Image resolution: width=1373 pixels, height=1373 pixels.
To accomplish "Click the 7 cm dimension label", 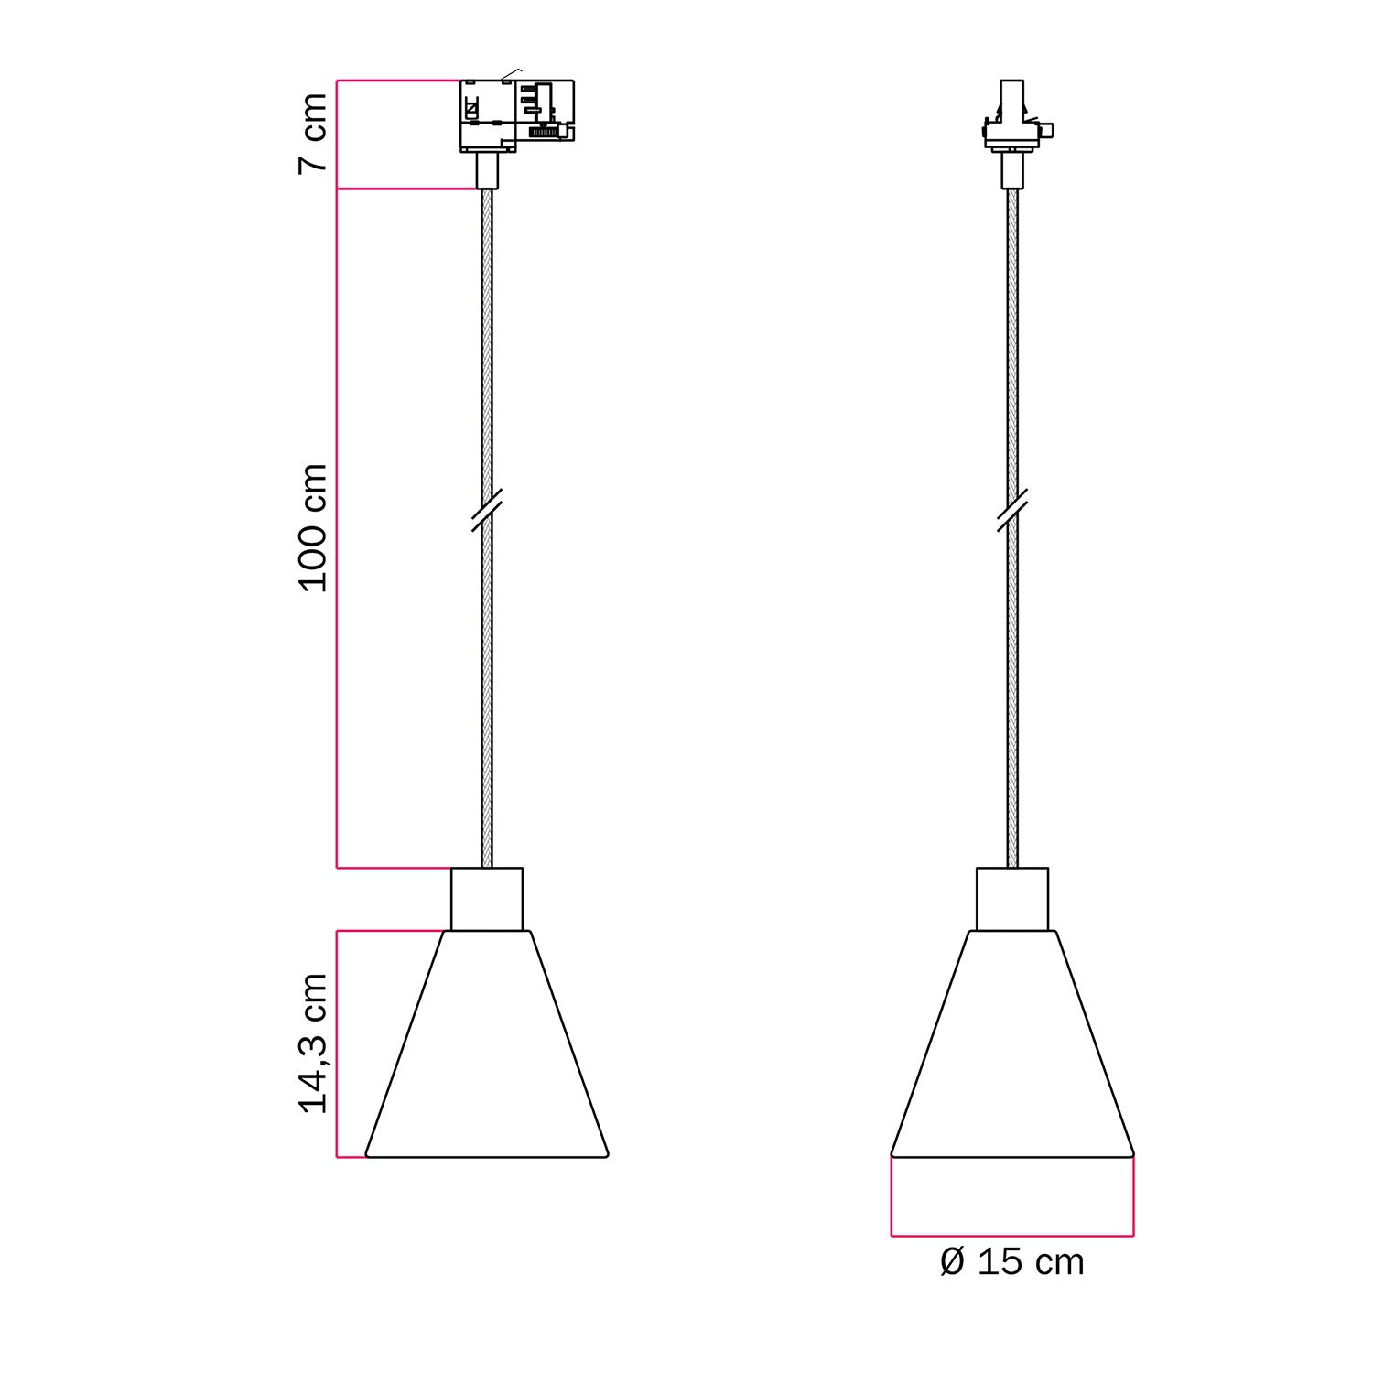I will [x=313, y=133].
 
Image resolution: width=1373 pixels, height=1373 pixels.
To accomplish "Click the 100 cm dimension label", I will [x=313, y=527].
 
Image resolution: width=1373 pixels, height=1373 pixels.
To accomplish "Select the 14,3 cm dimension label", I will [x=313, y=1043].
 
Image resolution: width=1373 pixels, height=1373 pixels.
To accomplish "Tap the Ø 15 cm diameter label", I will [x=1011, y=1262].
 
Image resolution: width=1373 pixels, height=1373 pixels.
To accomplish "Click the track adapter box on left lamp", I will [x=515, y=114].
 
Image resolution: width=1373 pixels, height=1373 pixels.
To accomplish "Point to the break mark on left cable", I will [x=487, y=510].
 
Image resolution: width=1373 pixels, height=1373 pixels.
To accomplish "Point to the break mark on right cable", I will [x=1012, y=510].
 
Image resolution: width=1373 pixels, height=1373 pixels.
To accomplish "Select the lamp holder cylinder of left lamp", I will [x=487, y=899].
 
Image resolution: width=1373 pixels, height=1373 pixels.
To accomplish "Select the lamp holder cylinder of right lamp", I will [x=1012, y=899].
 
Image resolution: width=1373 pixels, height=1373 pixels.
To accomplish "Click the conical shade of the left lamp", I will [x=487, y=1053].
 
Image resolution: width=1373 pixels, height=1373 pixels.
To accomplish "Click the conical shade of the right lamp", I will [x=1012, y=1053].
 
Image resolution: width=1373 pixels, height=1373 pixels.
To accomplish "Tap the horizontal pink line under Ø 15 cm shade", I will [x=1012, y=1236].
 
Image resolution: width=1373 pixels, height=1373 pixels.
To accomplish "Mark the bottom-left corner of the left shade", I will [x=367, y=1156].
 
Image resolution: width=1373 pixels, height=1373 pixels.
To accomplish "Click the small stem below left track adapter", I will [x=487, y=170].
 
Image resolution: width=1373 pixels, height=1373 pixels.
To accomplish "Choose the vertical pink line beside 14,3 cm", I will [x=337, y=1043].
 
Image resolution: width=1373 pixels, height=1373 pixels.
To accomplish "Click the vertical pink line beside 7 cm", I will [x=337, y=135].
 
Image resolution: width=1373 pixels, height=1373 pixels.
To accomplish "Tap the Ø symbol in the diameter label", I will [x=952, y=1262].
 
